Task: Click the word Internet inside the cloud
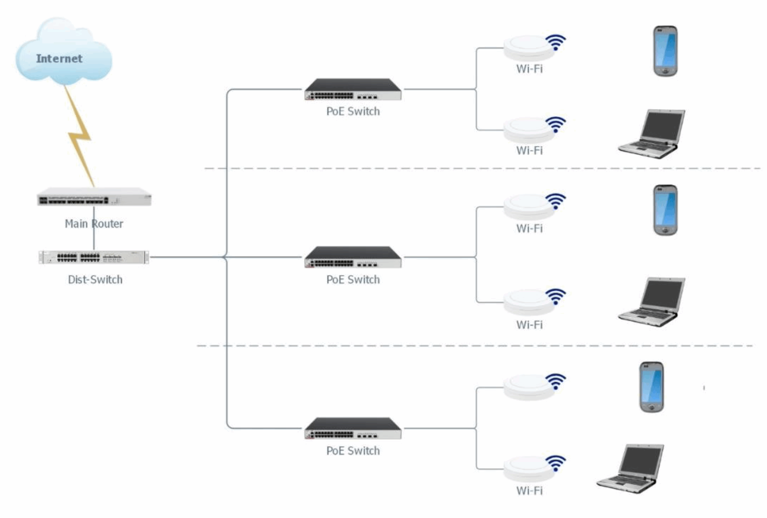(x=59, y=59)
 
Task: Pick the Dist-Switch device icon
(x=94, y=257)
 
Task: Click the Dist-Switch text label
(x=95, y=280)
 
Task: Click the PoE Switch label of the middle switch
(x=353, y=280)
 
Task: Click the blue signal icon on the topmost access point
(x=555, y=42)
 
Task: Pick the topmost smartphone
(x=665, y=51)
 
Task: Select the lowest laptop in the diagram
(x=630, y=468)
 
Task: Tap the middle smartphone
(x=665, y=210)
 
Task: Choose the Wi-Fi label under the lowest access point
(x=529, y=491)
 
